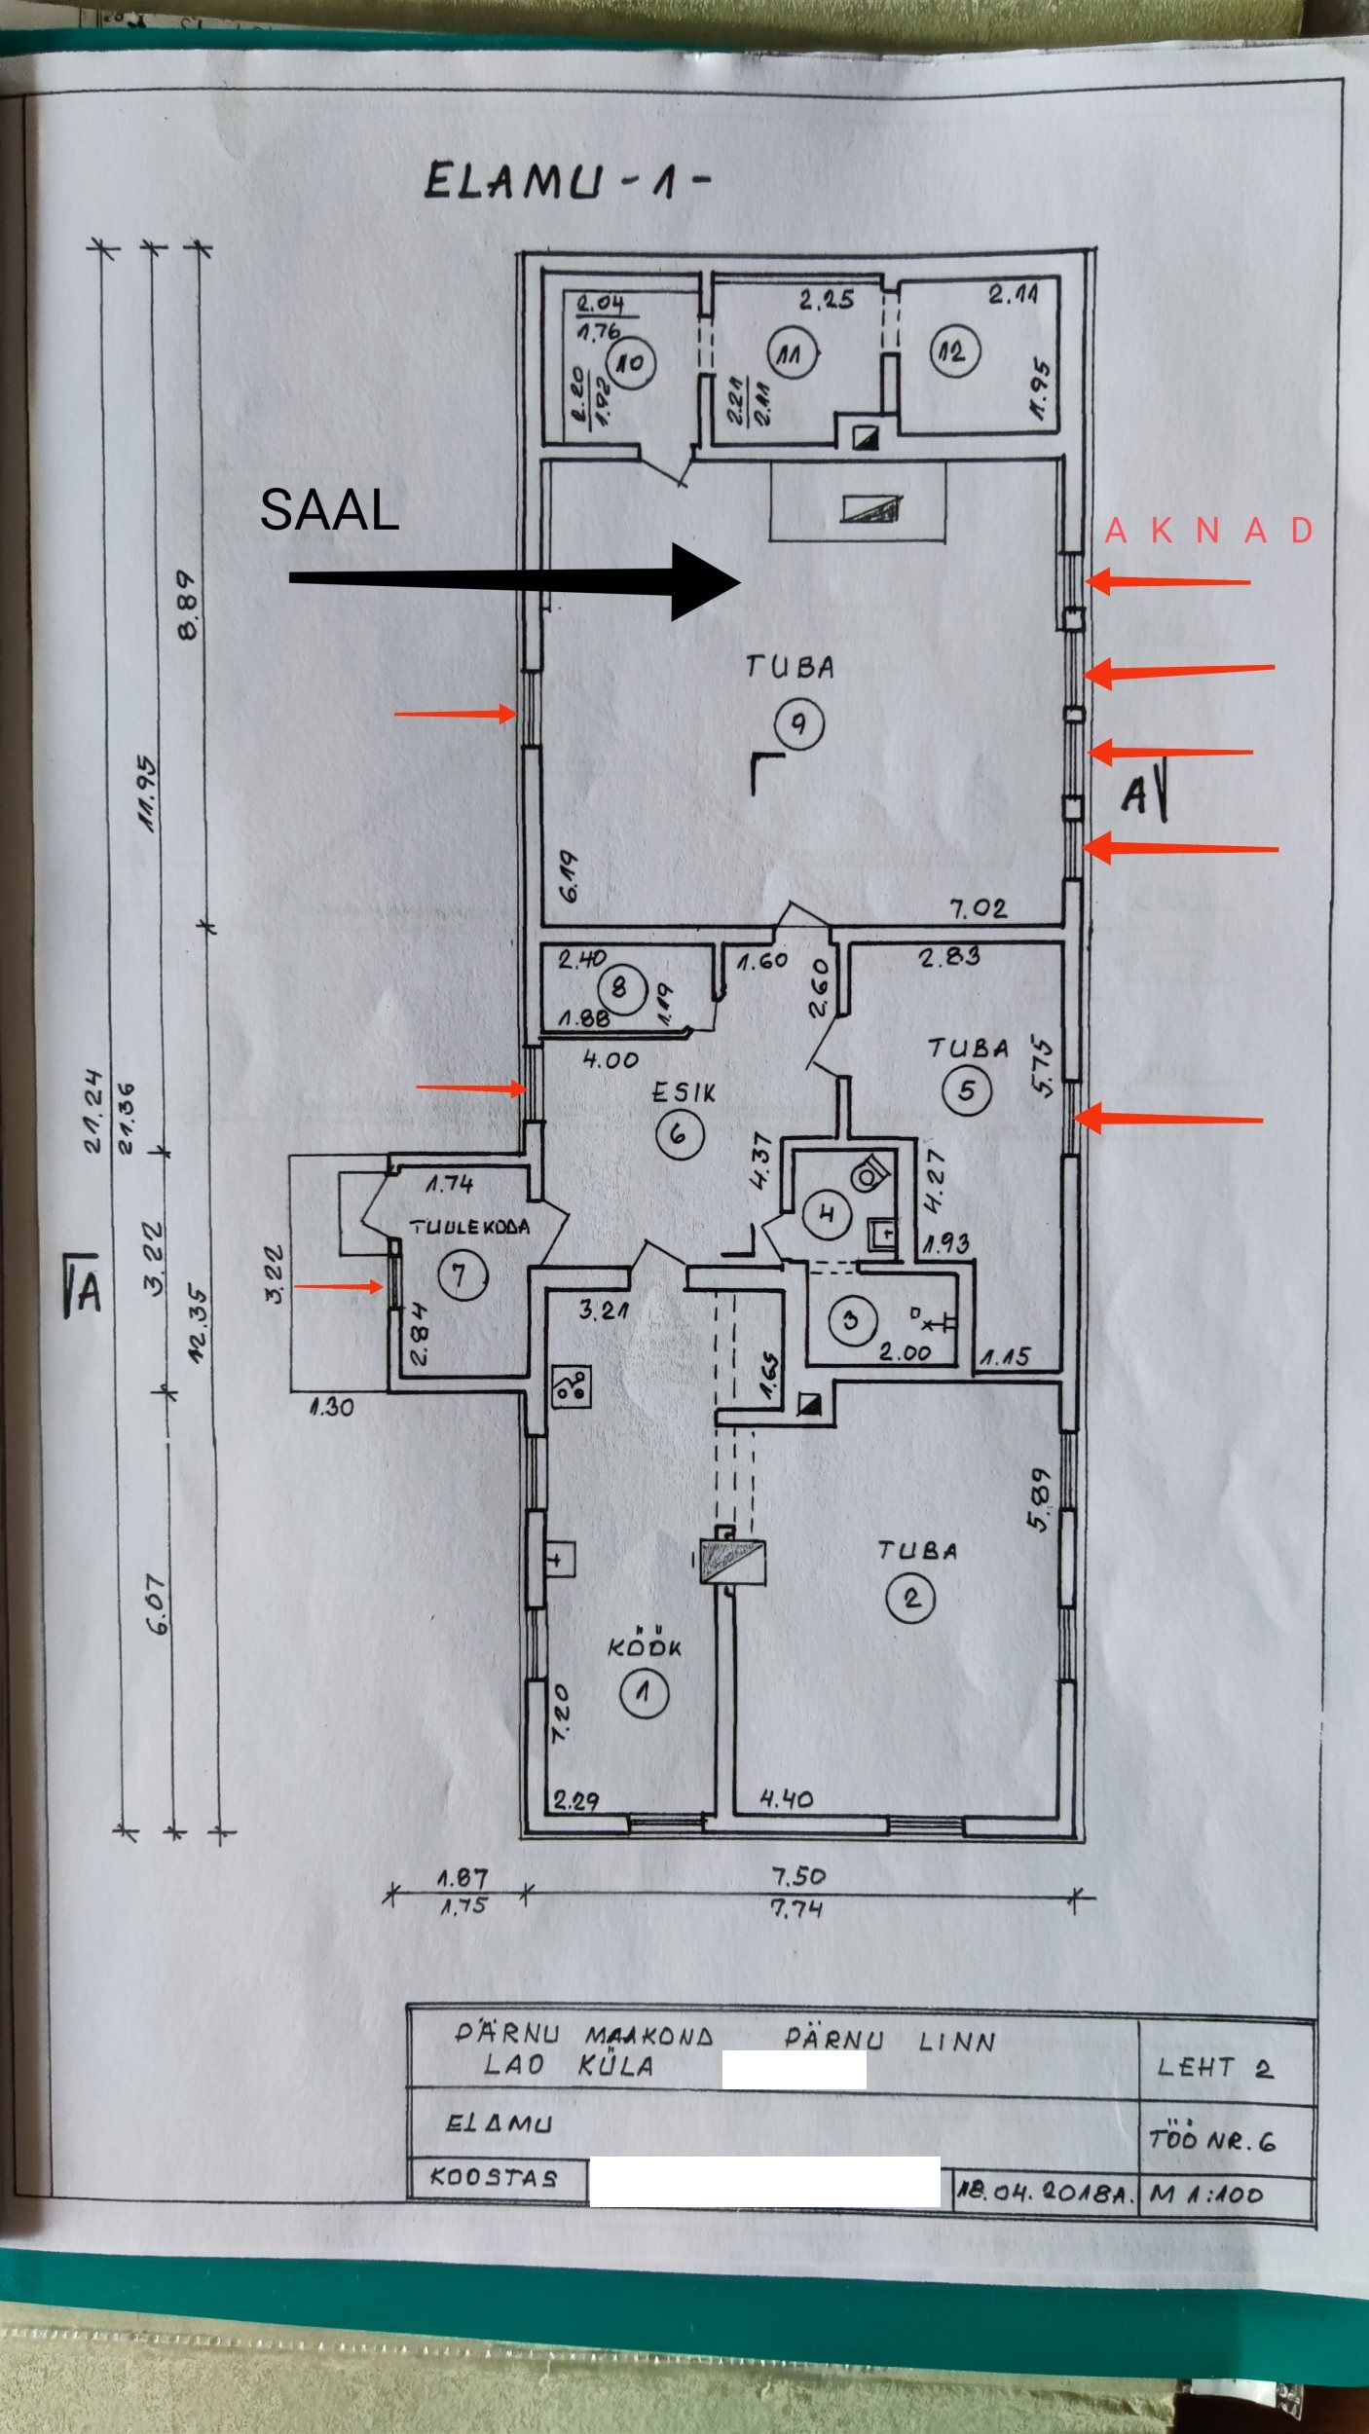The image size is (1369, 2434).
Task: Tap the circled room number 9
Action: coord(798,723)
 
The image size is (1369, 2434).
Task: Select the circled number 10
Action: coord(632,363)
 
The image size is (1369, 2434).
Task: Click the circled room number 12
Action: coord(953,351)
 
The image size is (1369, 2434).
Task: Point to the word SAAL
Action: coord(329,509)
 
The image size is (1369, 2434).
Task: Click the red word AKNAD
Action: coord(1208,531)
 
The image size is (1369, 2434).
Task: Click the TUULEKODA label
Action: coord(469,1227)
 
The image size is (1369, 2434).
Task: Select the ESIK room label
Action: coord(684,1093)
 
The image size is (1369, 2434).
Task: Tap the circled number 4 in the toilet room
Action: coord(828,1214)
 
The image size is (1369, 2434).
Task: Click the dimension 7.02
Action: coord(979,909)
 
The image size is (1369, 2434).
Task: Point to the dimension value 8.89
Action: coord(187,604)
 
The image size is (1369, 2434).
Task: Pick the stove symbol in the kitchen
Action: coord(571,1385)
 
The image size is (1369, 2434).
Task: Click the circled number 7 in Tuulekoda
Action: coord(461,1274)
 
